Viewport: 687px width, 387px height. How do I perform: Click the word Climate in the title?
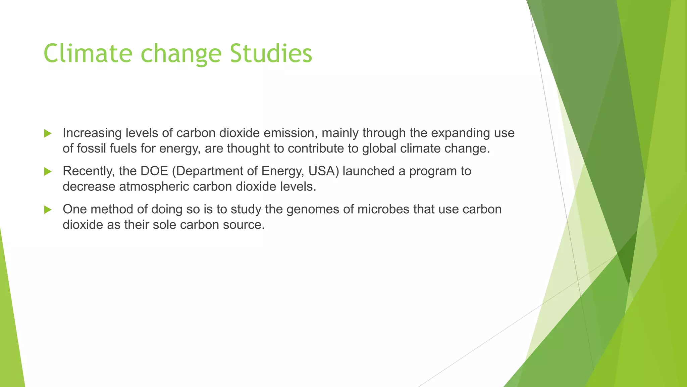pyautogui.click(x=88, y=53)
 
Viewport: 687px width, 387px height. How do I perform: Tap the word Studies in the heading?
pyautogui.click(x=271, y=53)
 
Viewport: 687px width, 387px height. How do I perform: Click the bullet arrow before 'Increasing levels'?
pyautogui.click(x=48, y=133)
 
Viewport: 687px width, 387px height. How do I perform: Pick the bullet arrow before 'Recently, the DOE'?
pyautogui.click(x=48, y=172)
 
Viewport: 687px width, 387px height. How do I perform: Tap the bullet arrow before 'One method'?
pyautogui.click(x=48, y=210)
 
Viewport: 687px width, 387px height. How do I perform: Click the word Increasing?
pyautogui.click(x=92, y=133)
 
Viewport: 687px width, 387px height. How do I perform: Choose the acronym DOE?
pyautogui.click(x=154, y=171)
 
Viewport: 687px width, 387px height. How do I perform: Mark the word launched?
pyautogui.click(x=369, y=171)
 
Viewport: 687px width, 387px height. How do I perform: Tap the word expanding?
pyautogui.click(x=461, y=133)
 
